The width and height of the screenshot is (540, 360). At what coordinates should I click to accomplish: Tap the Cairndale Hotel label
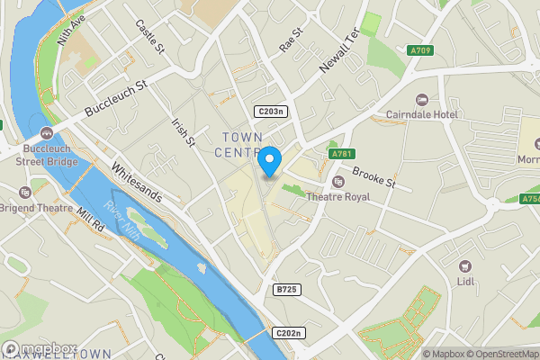pyautogui.click(x=422, y=115)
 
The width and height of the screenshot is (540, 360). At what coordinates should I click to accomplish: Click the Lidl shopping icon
pyautogui.click(x=465, y=266)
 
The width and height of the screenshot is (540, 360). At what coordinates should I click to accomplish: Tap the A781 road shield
pyautogui.click(x=338, y=155)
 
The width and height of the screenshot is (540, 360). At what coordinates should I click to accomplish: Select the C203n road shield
pyautogui.click(x=270, y=111)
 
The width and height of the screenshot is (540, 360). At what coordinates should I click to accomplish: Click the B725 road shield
pyautogui.click(x=286, y=290)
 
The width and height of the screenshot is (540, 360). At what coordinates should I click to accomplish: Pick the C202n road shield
pyautogui.click(x=289, y=333)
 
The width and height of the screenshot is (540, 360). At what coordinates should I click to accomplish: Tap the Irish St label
pyautogui.click(x=183, y=130)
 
